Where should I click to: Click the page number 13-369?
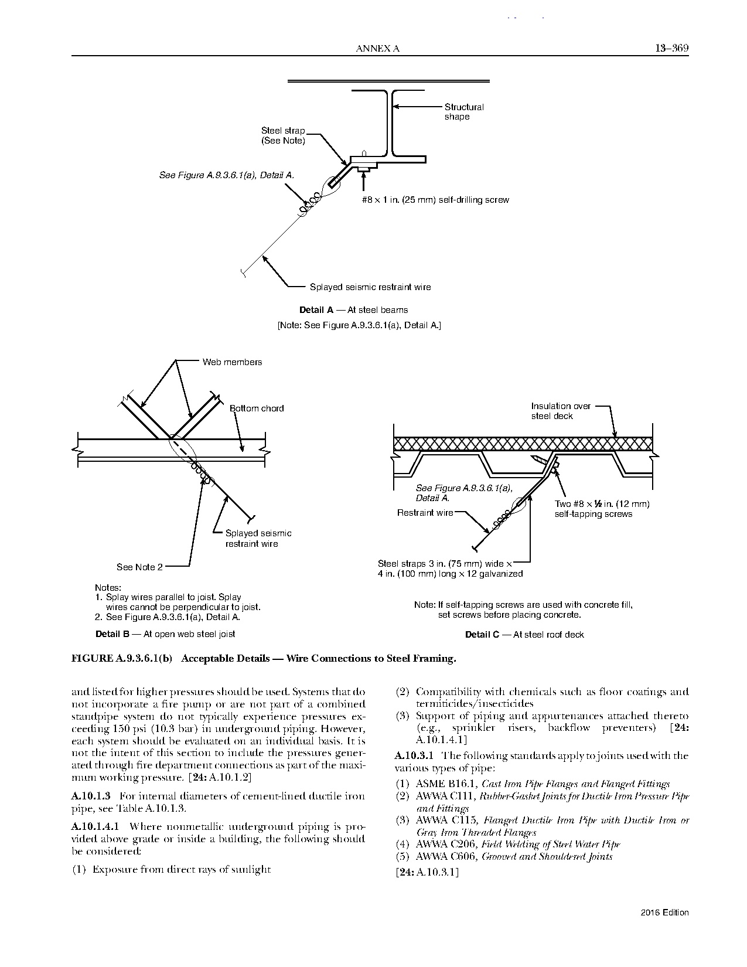[x=671, y=48]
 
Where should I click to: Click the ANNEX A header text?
[x=377, y=49]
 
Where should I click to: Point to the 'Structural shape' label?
[x=464, y=112]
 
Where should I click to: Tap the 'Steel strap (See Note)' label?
[x=283, y=136]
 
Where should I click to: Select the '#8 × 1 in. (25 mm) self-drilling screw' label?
[x=435, y=200]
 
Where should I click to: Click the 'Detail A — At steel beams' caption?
[x=353, y=310]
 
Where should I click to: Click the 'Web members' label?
[x=232, y=362]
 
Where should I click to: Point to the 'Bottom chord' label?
[x=257, y=408]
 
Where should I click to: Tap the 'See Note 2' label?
[x=139, y=567]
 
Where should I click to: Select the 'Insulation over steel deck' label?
[x=561, y=411]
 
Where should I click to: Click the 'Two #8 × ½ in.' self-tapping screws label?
[x=602, y=509]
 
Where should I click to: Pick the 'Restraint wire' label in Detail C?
[x=425, y=513]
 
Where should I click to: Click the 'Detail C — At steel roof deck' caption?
[x=524, y=635]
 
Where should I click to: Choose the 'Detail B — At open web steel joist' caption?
[x=165, y=634]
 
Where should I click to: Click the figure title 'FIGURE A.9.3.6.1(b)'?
[x=121, y=658]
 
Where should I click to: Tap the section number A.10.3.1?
[x=415, y=756]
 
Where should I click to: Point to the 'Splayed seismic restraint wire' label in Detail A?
[x=370, y=287]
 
